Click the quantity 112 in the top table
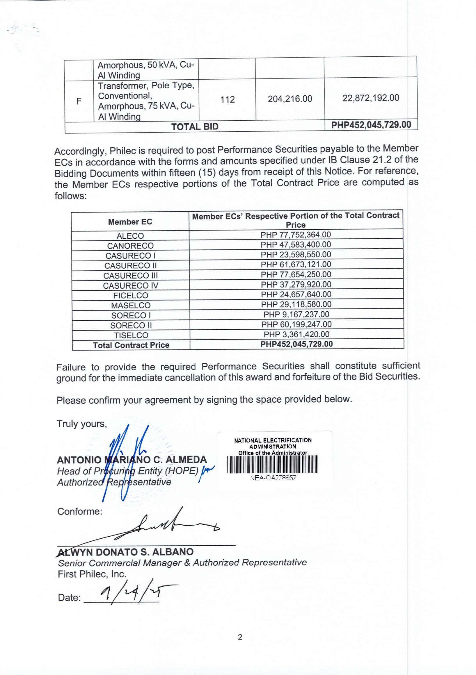point(228,99)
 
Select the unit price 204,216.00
point(290,99)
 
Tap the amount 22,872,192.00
point(371,98)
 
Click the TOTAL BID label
point(195,127)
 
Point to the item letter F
point(79,101)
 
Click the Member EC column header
point(130,222)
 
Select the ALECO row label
point(130,236)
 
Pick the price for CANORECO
point(296,244)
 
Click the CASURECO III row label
point(131,276)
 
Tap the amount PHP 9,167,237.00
point(296,314)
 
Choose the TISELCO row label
point(131,335)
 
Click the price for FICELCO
point(296,294)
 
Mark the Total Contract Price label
point(131,345)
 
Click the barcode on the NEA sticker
point(272,464)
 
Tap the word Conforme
point(80,511)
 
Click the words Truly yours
point(81,424)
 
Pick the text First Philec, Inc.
point(92,574)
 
